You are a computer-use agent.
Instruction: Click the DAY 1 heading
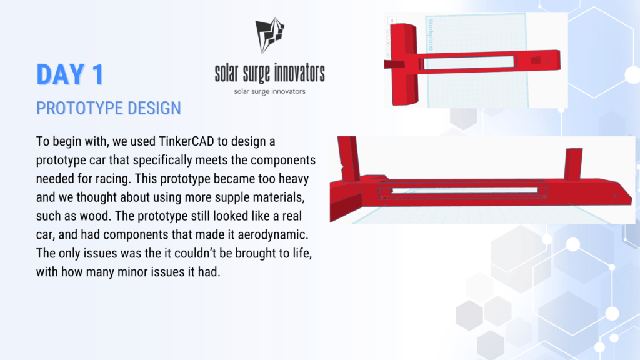70,74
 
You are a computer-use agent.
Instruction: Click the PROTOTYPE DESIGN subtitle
109,108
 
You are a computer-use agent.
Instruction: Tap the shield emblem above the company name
269,36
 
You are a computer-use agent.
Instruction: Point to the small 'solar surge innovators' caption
270,91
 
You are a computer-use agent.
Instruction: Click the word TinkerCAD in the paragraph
186,141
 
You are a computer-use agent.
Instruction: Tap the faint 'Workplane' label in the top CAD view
431,35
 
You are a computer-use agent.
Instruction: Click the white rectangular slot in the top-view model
469,62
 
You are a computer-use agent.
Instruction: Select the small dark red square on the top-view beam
536,61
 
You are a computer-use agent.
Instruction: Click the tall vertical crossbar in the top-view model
404,64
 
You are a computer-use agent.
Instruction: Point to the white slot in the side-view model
464,190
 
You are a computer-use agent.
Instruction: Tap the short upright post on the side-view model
573,164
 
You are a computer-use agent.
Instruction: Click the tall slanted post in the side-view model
349,159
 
